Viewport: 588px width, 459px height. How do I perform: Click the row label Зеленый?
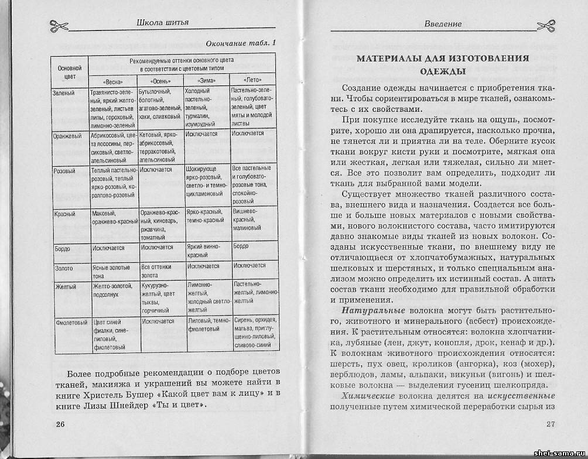63,93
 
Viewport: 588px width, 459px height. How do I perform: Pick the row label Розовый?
64,170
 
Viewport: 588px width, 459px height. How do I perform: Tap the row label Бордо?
62,248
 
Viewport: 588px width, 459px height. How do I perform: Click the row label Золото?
63,268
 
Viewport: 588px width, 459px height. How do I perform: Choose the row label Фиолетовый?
70,323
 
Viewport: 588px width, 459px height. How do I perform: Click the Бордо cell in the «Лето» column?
241,246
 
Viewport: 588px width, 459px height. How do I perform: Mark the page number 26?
60,423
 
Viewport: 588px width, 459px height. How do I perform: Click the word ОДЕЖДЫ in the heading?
443,72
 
